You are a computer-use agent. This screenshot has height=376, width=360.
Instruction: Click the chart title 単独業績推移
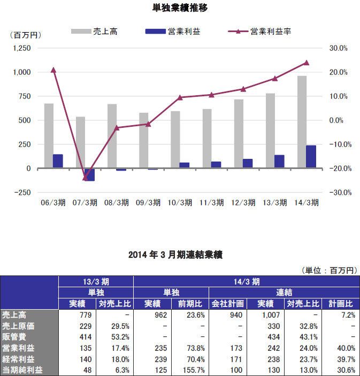pos(180,8)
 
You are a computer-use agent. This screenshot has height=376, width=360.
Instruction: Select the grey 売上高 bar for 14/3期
pos(302,122)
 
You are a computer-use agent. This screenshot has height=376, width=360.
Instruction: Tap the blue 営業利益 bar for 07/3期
pos(89,175)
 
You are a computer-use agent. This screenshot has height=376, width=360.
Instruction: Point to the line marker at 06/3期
pos(53,70)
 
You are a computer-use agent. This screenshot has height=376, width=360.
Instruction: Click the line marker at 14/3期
pos(307,63)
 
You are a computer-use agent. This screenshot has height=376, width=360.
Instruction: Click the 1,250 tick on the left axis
pos(21,48)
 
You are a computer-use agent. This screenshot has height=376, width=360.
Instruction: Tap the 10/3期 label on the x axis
pos(180,203)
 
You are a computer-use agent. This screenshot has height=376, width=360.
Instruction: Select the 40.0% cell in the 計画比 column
pos(342,348)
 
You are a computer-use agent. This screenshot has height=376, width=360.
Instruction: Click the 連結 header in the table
pos(283,292)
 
